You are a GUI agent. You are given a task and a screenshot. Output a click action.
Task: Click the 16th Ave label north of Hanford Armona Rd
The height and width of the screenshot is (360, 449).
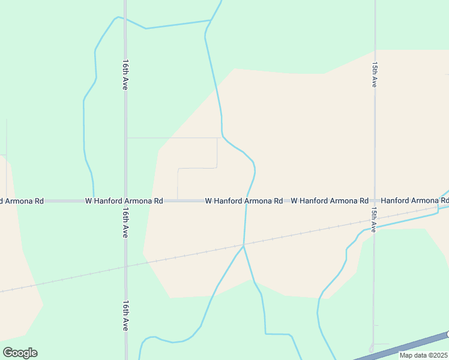[125, 74]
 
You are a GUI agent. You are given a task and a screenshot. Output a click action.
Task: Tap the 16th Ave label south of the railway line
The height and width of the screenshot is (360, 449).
[125, 316]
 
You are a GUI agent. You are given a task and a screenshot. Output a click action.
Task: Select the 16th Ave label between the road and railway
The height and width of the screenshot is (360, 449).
[125, 223]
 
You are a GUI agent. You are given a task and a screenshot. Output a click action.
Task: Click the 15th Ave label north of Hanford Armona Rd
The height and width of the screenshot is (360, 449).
[374, 74]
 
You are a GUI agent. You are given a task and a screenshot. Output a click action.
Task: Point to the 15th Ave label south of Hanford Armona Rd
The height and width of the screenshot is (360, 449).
[373, 220]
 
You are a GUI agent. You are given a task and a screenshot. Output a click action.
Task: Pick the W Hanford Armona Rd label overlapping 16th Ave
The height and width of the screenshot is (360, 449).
[124, 201]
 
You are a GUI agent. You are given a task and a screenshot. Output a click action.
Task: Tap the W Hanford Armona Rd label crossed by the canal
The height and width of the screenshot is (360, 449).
[244, 201]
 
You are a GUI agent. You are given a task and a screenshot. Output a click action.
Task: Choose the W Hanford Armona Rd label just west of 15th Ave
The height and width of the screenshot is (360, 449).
[330, 201]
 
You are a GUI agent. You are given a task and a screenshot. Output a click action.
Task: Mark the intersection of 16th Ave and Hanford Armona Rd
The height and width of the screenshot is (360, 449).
[125, 201]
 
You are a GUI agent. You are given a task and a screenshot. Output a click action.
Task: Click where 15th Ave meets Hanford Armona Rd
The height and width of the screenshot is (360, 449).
[374, 201]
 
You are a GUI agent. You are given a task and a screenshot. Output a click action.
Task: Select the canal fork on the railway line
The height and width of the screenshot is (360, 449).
[243, 245]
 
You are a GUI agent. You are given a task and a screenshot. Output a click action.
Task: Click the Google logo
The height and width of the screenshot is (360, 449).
[20, 353]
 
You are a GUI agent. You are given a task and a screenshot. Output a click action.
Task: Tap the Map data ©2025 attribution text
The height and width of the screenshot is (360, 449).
[423, 355]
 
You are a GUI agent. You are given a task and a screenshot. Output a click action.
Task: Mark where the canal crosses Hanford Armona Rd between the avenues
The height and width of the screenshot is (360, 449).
[246, 201]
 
